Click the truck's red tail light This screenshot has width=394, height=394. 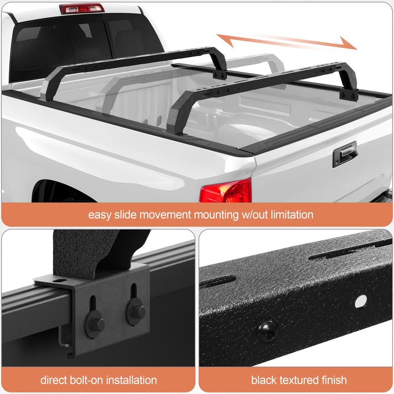[x=226, y=191]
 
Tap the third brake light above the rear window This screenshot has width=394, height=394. [x=82, y=8]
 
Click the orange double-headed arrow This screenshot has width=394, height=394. [x=287, y=42]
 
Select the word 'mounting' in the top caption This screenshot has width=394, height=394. [x=218, y=215]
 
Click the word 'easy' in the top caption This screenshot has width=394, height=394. [x=99, y=215]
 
